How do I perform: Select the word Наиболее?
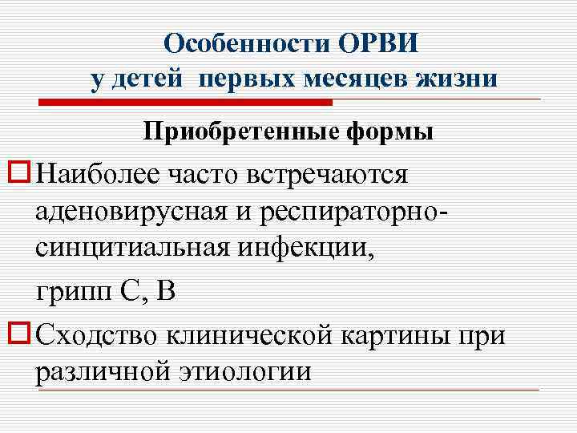click(97, 173)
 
